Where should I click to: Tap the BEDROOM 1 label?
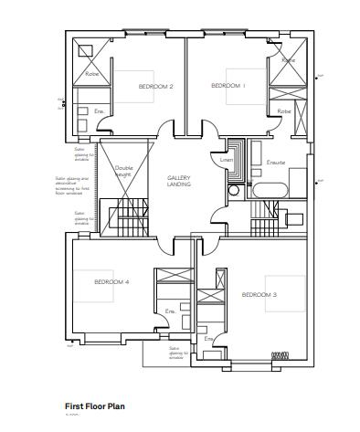(228, 85)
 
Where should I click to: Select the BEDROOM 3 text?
(259, 295)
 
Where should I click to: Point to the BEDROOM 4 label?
(111, 282)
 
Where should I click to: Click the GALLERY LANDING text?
(178, 180)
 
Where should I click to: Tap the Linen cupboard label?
(228, 162)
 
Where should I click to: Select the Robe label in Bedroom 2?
(91, 72)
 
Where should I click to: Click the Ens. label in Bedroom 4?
(170, 311)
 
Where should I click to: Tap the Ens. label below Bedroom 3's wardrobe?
(208, 339)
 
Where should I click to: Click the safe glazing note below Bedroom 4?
(176, 353)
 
